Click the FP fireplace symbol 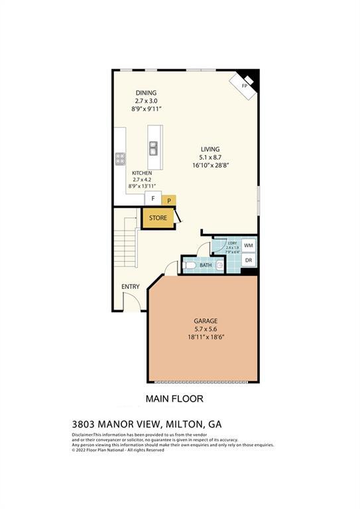point(245,85)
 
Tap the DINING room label point(147,93)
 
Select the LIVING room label point(210,149)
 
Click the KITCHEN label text point(142,173)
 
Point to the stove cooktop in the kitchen point(121,158)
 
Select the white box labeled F point(153,198)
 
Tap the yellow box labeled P point(169,199)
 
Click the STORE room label point(158,217)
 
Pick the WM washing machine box point(249,246)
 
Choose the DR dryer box point(249,260)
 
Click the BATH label point(206,266)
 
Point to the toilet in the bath point(190,266)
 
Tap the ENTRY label point(131,287)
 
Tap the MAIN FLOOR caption point(174,399)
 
